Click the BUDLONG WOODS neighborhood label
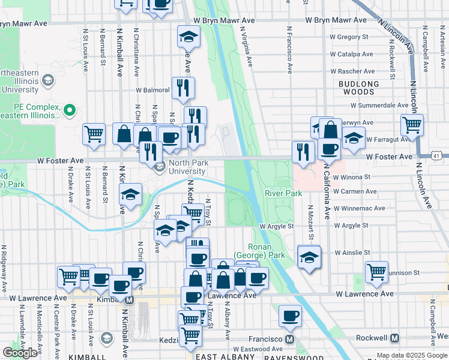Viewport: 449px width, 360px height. click(359, 88)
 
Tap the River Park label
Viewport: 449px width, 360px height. click(283, 193)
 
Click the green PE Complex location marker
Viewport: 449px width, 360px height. click(70, 110)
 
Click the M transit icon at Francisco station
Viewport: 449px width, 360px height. click(289, 338)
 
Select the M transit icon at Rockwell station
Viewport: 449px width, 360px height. click(394, 338)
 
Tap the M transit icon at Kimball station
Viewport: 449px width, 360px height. click(128, 298)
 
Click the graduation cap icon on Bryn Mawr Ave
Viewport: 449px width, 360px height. click(188, 37)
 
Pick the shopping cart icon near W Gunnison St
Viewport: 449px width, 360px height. click(376, 271)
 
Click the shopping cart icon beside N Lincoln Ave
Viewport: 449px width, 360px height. click(412, 125)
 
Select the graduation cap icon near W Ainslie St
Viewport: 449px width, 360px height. click(309, 257)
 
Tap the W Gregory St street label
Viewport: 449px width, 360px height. click(348, 37)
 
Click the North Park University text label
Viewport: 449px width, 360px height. click(191, 166)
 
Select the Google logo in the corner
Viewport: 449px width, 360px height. click(20, 353)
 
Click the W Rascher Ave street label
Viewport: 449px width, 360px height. click(357, 71)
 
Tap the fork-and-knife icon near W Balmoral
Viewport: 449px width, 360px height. click(184, 88)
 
